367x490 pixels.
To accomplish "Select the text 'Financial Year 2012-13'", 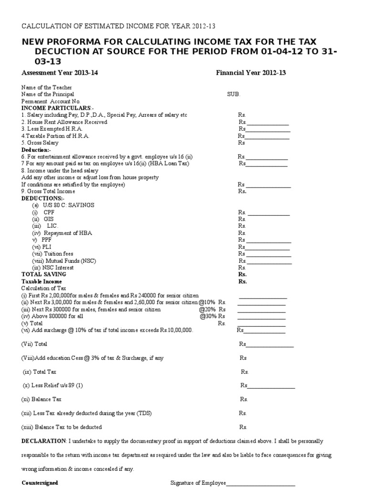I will coord(251,73).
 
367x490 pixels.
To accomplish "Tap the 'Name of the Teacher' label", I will coord(47,88).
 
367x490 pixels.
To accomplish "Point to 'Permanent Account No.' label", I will coord(51,101).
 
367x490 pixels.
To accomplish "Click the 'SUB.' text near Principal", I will coord(234,94).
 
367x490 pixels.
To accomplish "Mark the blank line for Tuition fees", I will coord(268,256).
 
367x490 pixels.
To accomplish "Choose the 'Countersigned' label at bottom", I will coord(40,483).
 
